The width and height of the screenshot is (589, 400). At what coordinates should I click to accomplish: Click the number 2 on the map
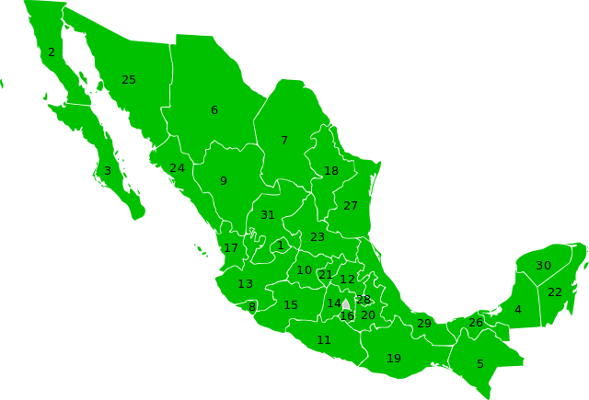pyautogui.click(x=52, y=52)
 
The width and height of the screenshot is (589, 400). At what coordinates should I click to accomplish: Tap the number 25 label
pyautogui.click(x=129, y=80)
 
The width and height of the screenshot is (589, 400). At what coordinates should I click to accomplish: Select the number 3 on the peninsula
pyautogui.click(x=108, y=171)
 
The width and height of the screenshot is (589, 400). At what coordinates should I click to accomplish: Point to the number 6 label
pyautogui.click(x=214, y=110)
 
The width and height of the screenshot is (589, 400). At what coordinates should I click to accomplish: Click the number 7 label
pyautogui.click(x=284, y=141)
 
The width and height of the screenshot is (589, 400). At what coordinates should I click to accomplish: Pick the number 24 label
pyautogui.click(x=177, y=168)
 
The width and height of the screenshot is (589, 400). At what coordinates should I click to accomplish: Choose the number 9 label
pyautogui.click(x=224, y=181)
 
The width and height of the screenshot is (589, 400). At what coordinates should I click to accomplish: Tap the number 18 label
pyautogui.click(x=331, y=171)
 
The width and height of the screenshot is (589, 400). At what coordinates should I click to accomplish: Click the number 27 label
pyautogui.click(x=351, y=206)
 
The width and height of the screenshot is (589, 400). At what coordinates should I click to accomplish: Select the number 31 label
pyautogui.click(x=268, y=215)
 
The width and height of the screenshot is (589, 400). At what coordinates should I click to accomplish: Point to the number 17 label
pyautogui.click(x=231, y=248)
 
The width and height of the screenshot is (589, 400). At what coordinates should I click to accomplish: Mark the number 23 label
pyautogui.click(x=318, y=237)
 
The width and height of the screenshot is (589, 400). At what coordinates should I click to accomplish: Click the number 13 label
pyautogui.click(x=246, y=284)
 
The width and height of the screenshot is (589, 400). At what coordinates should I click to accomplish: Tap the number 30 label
pyautogui.click(x=544, y=266)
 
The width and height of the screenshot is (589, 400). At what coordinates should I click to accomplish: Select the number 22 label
pyautogui.click(x=555, y=292)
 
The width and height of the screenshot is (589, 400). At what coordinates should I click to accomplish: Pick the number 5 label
pyautogui.click(x=480, y=364)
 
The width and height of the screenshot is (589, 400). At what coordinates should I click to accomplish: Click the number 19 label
pyautogui.click(x=394, y=359)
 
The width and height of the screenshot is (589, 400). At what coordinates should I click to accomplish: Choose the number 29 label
pyautogui.click(x=424, y=324)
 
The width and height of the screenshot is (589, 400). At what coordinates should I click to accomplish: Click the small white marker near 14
pyautogui.click(x=346, y=304)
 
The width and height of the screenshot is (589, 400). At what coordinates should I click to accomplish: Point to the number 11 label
pyautogui.click(x=324, y=340)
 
